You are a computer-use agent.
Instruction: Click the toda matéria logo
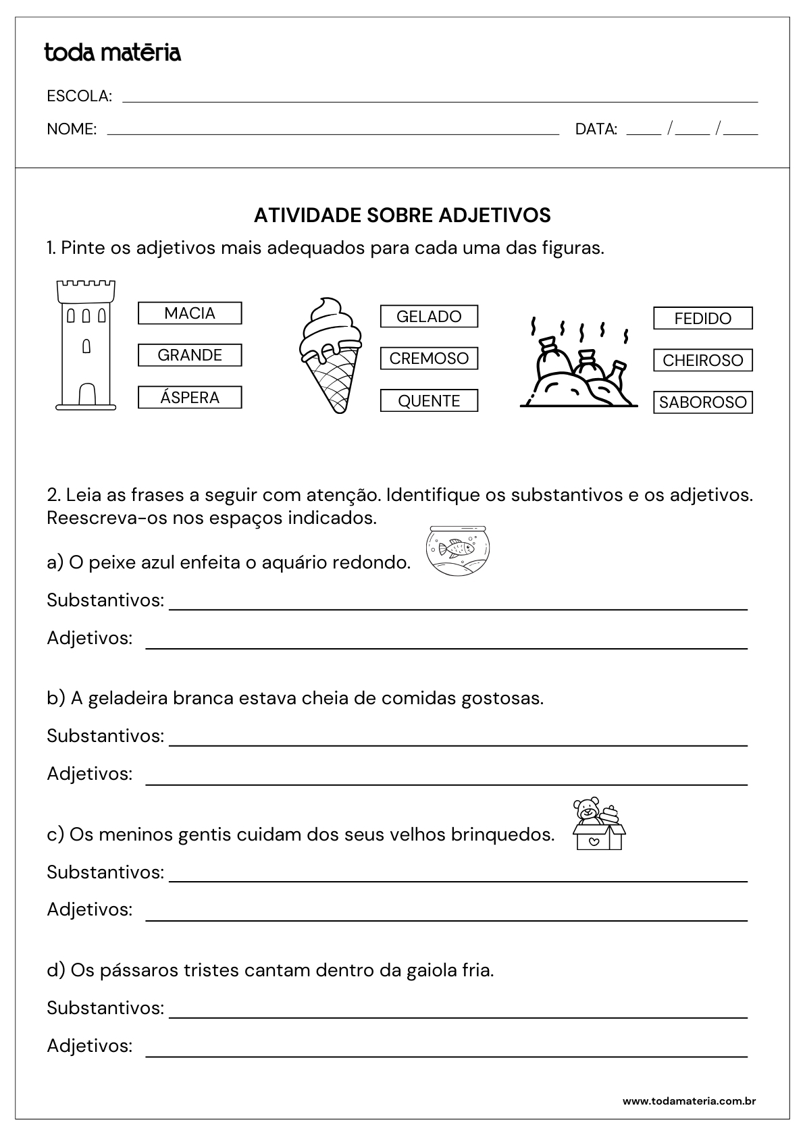coord(113,52)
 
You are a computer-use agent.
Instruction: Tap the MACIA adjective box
coord(190,313)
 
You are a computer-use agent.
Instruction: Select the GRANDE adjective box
coord(190,355)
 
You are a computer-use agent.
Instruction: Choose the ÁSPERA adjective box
coord(190,398)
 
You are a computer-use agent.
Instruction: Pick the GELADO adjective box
coord(429,317)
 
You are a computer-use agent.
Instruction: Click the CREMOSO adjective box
coord(429,359)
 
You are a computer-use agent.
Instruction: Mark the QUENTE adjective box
coord(429,401)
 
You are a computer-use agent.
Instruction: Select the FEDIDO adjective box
coord(702,319)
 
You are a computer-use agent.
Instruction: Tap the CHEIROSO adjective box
coord(702,361)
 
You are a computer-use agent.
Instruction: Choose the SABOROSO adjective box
coord(702,402)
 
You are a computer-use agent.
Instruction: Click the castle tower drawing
coord(86,345)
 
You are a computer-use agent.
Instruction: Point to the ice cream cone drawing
coord(330,354)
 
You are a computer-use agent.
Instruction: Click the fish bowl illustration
coord(457,551)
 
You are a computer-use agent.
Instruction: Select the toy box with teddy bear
coord(598,823)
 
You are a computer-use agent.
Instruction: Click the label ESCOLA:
coord(80,96)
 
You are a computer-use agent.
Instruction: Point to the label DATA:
coord(596,129)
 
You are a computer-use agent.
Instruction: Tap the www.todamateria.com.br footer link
coord(689,1101)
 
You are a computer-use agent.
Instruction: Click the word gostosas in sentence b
coord(502,698)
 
